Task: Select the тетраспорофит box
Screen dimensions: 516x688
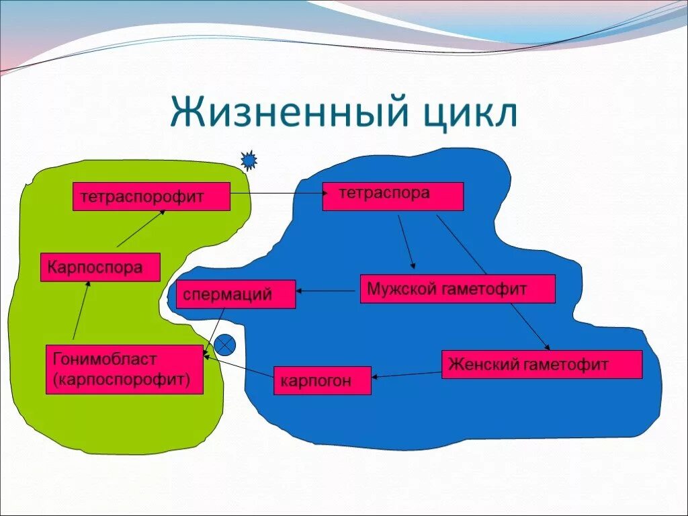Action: pyautogui.click(x=151, y=196)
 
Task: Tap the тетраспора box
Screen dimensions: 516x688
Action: pyautogui.click(x=392, y=196)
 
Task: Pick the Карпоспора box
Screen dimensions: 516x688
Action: pyautogui.click(x=100, y=267)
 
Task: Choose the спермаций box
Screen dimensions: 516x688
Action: pyautogui.click(x=235, y=294)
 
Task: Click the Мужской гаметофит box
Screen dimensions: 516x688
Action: pyautogui.click(x=457, y=289)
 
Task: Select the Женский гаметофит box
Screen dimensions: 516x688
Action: pyautogui.click(x=542, y=364)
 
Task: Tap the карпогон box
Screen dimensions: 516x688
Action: pyautogui.click(x=322, y=380)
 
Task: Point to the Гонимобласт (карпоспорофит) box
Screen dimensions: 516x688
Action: pyautogui.click(x=124, y=369)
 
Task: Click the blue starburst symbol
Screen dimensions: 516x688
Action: pyautogui.click(x=249, y=160)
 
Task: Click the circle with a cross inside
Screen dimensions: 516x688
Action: pyautogui.click(x=225, y=345)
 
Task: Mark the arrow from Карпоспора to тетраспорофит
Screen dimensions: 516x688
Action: pyautogui.click(x=140, y=229)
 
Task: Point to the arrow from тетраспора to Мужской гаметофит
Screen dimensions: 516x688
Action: pyautogui.click(x=406, y=242)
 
